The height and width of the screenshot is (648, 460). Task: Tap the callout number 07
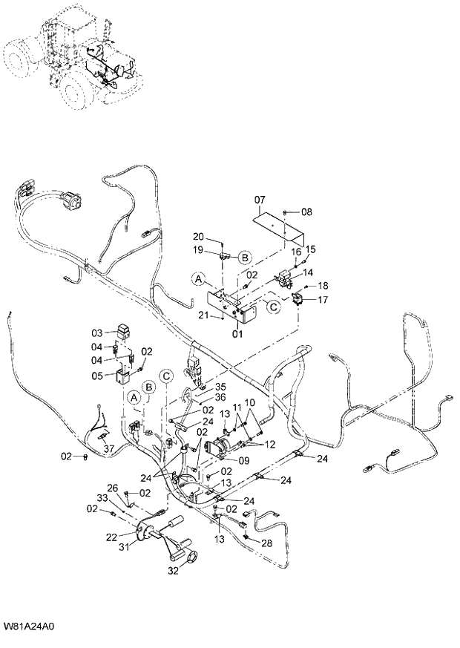260,200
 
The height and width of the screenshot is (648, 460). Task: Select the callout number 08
306,212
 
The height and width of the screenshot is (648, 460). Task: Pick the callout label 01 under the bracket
238,334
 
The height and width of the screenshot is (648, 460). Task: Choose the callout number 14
307,272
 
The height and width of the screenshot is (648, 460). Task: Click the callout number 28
266,543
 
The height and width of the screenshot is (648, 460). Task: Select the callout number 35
220,387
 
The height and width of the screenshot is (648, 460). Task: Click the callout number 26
113,488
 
